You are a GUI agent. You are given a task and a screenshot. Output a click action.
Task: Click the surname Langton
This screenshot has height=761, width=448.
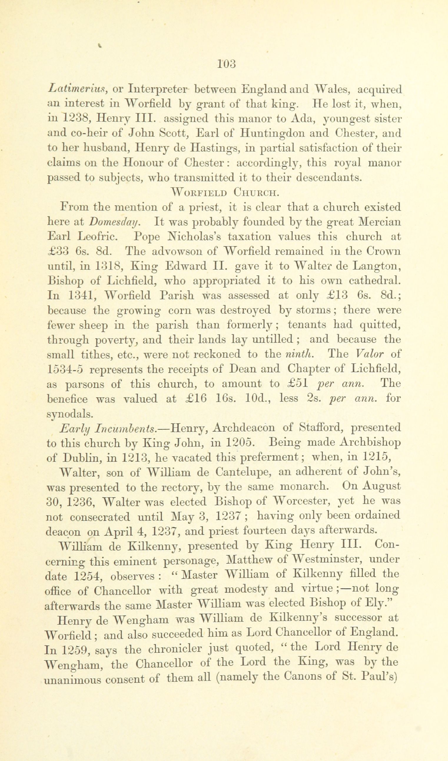(377, 266)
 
